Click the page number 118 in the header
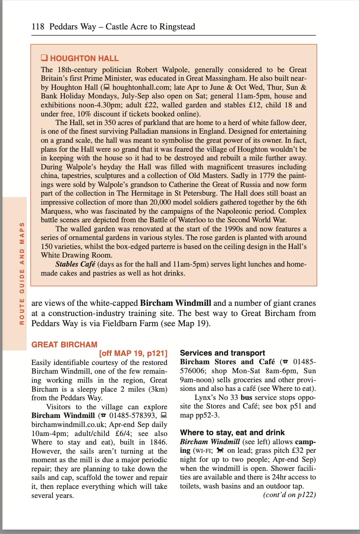38,27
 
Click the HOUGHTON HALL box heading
84,58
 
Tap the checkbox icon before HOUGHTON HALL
44,58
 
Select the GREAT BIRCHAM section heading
64,345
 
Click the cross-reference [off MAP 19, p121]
133,353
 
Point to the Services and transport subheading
222,353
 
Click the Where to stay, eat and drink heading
232,432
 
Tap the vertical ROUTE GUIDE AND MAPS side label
22,273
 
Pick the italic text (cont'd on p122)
289,494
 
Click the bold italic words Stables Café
75,264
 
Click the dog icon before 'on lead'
220,450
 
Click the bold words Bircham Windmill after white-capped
175,303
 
